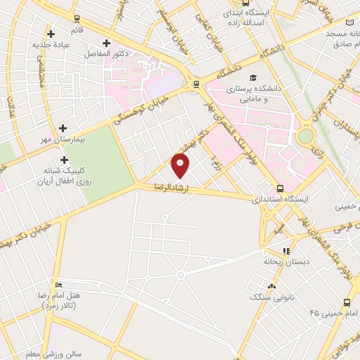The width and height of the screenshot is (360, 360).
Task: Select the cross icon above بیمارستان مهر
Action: click(63, 129)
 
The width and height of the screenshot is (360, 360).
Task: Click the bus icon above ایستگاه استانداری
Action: click(281, 188)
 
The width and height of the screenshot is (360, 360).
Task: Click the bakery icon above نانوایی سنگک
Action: click(271, 285)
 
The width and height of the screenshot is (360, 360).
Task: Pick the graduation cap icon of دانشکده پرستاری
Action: click(253, 78)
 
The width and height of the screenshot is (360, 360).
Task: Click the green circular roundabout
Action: click(306, 136)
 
